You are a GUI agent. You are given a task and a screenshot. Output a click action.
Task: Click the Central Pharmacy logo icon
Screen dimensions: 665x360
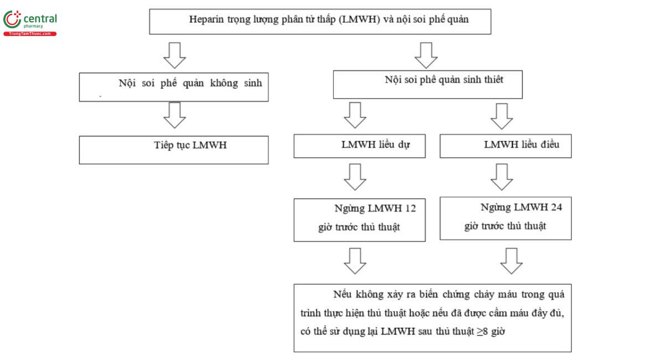pos(12,19)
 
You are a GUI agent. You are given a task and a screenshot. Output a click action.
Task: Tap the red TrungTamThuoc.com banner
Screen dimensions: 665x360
pos(30,34)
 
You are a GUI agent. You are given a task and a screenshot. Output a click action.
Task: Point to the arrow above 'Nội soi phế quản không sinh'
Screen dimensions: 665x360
pos(175,55)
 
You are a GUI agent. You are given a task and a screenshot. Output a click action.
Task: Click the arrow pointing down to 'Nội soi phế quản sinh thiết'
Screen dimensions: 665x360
pos(426,55)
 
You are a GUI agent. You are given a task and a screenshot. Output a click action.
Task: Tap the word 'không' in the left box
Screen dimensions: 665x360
pos(224,84)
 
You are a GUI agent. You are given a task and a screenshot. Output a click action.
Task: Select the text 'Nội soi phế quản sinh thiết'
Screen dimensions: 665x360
pos(444,80)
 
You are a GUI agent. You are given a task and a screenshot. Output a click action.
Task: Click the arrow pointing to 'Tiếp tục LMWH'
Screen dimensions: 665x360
pos(175,115)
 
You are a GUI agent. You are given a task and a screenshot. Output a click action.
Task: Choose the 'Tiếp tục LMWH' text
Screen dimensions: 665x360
pos(190,146)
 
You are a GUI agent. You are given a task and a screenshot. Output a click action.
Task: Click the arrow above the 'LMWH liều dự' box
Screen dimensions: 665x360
pos(355,115)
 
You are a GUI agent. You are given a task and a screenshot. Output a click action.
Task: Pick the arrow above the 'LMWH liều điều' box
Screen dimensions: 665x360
pos(502,116)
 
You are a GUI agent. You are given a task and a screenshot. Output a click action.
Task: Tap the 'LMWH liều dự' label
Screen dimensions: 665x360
pos(376,145)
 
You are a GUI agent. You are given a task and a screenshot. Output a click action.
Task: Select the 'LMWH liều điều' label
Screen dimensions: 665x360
pos(521,145)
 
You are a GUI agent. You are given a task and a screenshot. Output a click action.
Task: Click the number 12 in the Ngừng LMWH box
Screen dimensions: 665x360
pos(410,209)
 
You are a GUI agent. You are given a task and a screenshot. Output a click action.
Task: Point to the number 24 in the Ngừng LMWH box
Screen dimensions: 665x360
pos(556,207)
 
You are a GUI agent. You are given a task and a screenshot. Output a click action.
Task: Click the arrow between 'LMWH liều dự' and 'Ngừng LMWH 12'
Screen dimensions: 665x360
pos(355,177)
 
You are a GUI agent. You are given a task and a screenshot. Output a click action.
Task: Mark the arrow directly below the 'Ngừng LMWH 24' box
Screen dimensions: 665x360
pos(511,261)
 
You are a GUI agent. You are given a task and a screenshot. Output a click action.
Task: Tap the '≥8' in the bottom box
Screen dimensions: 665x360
pos(483,332)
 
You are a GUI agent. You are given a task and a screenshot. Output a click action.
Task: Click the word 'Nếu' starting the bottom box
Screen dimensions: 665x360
pos(342,295)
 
